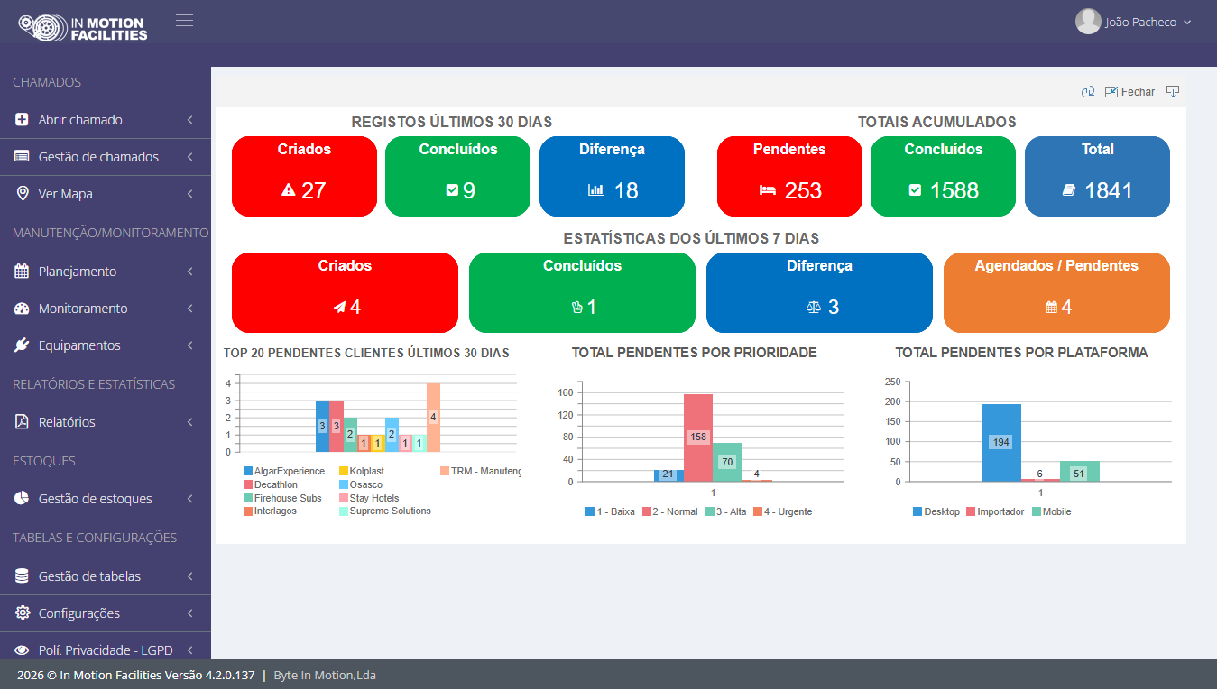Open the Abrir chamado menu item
[x=80, y=119]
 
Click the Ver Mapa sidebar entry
[x=65, y=194]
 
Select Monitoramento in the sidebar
[x=83, y=309]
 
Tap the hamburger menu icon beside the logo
[x=184, y=21]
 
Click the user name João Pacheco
[x=1140, y=23]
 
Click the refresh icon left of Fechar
[x=1088, y=92]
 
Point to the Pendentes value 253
[x=803, y=190]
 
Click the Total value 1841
[x=1109, y=190]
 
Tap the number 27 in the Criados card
[x=313, y=190]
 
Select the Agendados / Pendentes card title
[x=1056, y=265]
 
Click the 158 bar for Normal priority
[x=698, y=438]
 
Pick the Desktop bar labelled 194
[x=1000, y=443]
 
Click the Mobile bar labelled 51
[x=1080, y=472]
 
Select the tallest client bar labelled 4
[x=433, y=418]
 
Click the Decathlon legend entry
[x=271, y=484]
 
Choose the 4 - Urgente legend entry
[x=783, y=511]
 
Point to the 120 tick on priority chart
[x=565, y=415]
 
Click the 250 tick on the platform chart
[x=892, y=382]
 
